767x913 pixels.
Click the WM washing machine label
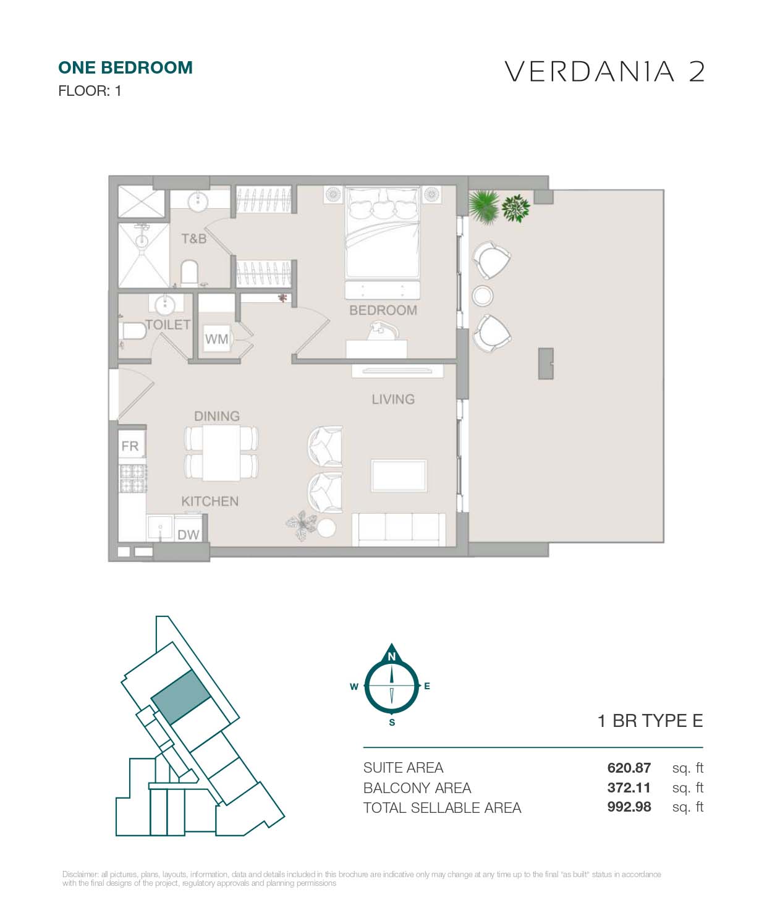click(216, 339)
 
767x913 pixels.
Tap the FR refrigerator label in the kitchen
click(130, 446)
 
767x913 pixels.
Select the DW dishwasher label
click(189, 534)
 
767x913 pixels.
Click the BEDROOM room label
click(383, 310)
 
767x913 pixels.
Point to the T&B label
click(194, 239)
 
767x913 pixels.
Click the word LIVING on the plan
click(393, 399)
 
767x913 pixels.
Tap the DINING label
click(217, 416)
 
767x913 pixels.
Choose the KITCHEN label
click(210, 501)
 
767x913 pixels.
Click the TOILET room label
click(168, 325)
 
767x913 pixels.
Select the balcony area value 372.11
click(629, 788)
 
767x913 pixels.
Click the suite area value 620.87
click(629, 767)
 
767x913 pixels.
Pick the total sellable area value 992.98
click(629, 807)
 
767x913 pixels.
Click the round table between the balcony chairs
click(482, 295)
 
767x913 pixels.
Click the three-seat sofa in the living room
click(399, 530)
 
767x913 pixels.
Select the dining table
click(221, 453)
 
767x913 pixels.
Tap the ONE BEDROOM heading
click(125, 68)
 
